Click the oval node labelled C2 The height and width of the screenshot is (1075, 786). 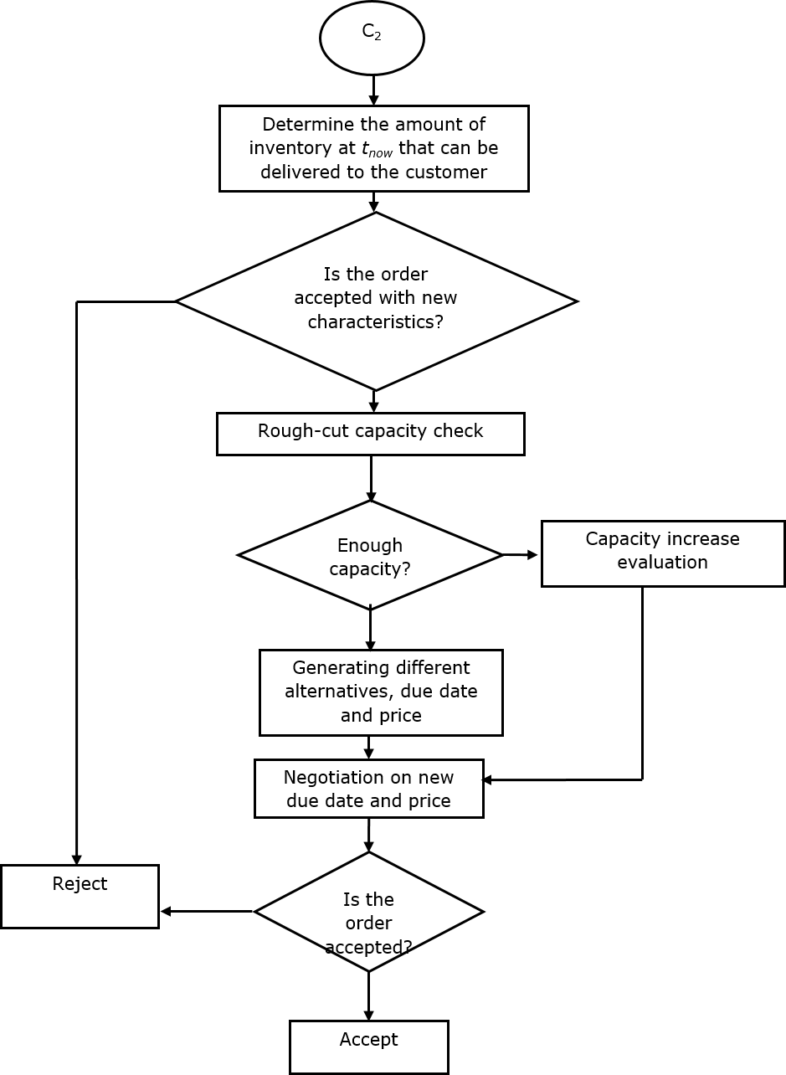(372, 38)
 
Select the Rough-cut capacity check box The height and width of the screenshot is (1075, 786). (370, 433)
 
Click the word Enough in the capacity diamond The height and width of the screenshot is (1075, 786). (369, 546)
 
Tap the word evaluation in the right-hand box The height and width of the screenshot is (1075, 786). (662, 562)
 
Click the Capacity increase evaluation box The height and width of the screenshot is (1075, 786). (662, 553)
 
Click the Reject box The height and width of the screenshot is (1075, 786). (80, 896)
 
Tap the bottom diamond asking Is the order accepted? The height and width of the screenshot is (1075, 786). (368, 912)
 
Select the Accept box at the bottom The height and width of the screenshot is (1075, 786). (368, 1046)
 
